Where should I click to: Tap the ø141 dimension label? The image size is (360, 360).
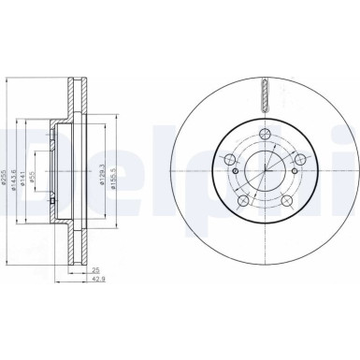[x=28, y=161]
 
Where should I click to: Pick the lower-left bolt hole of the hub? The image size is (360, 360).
[x=242, y=201]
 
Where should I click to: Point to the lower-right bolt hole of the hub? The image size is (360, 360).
[x=289, y=201]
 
